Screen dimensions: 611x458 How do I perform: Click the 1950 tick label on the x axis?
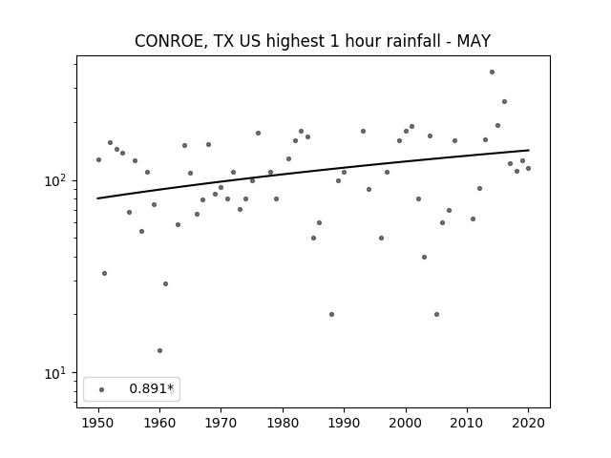coord(98,423)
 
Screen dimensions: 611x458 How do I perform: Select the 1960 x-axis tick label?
coord(159,423)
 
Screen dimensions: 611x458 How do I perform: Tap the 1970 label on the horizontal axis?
coord(221,423)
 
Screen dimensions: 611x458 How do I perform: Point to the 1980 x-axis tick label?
coord(283,423)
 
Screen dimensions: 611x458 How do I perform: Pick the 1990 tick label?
coord(344,423)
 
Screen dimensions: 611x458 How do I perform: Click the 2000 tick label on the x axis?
coord(406,423)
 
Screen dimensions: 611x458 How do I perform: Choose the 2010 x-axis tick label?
coord(467,423)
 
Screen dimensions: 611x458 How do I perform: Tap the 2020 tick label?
coord(528,423)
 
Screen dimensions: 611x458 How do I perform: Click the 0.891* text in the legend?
coord(151,388)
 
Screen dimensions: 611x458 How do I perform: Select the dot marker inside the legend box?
coord(102,389)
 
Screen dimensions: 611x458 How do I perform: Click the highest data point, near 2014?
coord(493,73)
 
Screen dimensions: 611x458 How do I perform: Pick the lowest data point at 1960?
coord(159,350)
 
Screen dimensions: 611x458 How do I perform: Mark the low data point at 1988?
coord(331,314)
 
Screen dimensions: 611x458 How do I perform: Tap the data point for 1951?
coord(104,274)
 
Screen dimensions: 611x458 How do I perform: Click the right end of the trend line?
coord(529,150)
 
